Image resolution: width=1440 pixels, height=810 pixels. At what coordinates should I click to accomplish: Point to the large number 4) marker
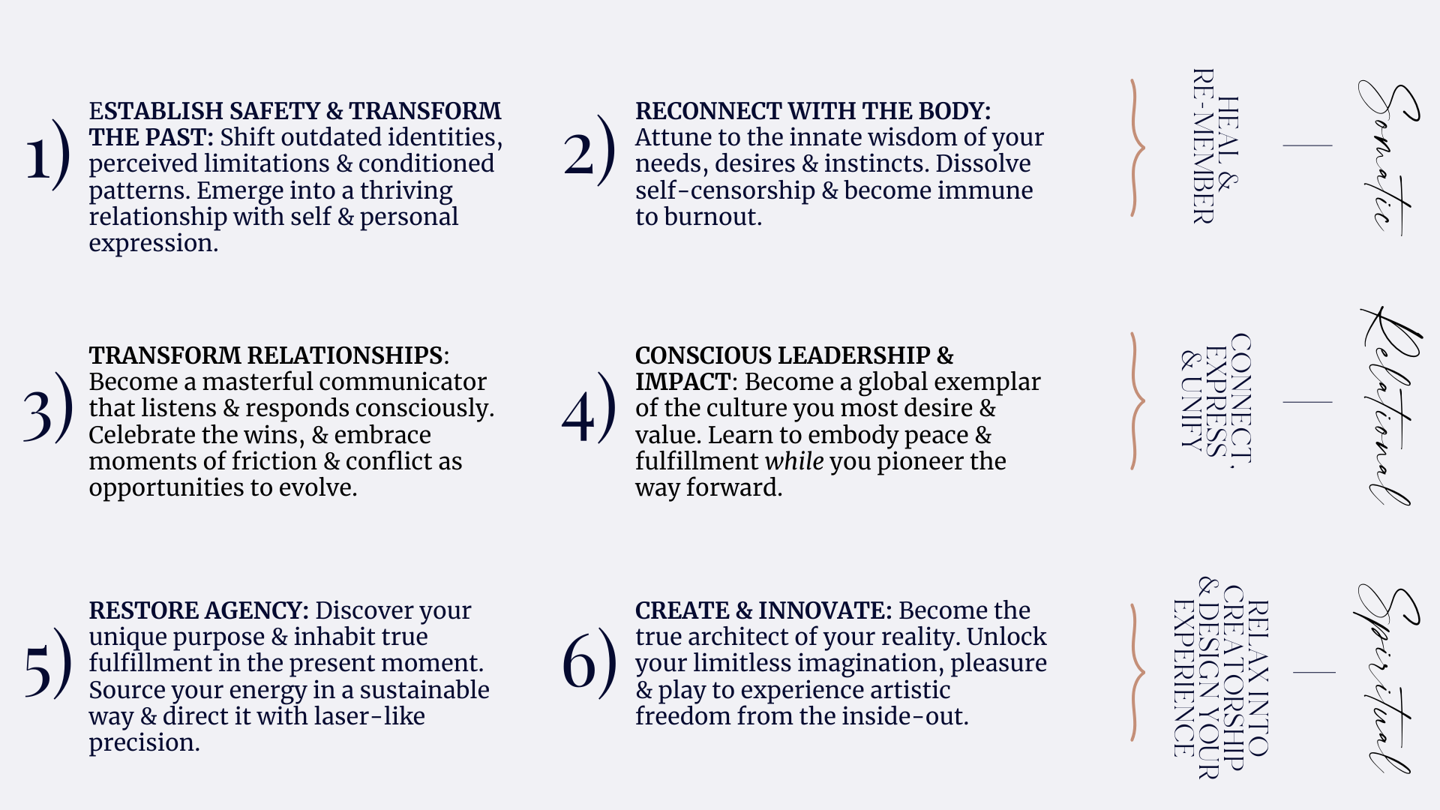(x=589, y=408)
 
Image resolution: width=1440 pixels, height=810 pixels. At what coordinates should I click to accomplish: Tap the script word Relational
(x=1389, y=405)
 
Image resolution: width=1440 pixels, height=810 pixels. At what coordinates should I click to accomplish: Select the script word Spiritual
(x=1387, y=678)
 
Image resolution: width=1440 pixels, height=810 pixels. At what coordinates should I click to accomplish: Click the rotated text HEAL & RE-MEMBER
(x=1216, y=146)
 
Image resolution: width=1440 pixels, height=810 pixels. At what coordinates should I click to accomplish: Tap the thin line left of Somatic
(x=1307, y=145)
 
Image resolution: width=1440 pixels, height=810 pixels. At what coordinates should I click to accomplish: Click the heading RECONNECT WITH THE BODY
(x=813, y=111)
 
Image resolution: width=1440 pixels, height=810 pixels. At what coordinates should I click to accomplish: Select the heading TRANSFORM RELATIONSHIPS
(x=265, y=355)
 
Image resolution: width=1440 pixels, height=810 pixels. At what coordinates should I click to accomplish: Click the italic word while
(x=794, y=461)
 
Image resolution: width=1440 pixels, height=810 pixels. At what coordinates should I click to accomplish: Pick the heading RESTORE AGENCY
(x=199, y=610)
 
